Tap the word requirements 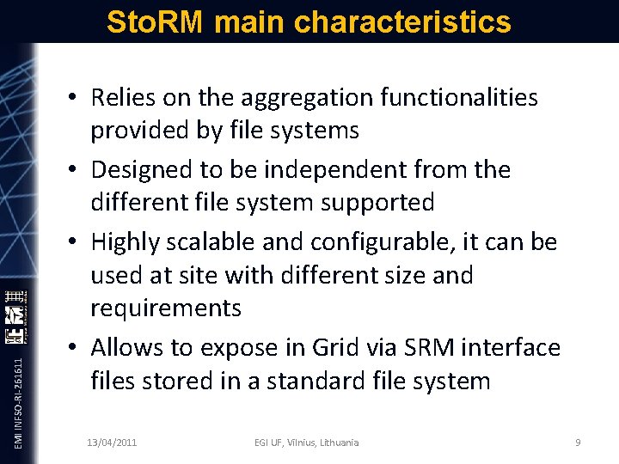tap(166, 308)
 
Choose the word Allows tap(130, 348)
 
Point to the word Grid tap(326, 348)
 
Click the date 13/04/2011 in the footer tap(112, 442)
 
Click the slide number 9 tap(578, 442)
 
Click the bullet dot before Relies tap(75, 99)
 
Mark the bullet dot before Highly tap(75, 243)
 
